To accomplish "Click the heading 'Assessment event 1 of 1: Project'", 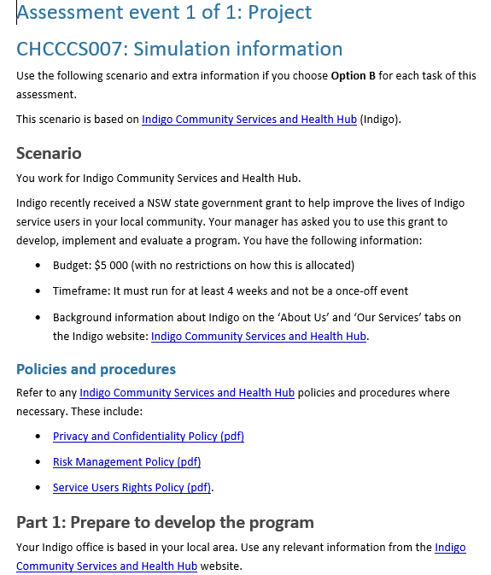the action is pyautogui.click(x=164, y=13).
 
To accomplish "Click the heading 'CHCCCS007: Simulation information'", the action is pyautogui.click(x=179, y=49).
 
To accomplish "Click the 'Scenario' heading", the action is pyautogui.click(x=49, y=154).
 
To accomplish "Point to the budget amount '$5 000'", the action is pyautogui.click(x=114, y=265).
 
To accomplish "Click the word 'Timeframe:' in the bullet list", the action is pyautogui.click(x=81, y=290).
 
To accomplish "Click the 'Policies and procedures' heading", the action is pyautogui.click(x=96, y=369).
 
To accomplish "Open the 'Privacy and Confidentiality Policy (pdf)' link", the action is pyautogui.click(x=149, y=436).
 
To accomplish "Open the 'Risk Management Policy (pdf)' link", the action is pyautogui.click(x=126, y=461).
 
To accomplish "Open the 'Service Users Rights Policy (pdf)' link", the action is pyautogui.click(x=132, y=488).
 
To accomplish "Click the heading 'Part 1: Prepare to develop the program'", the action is pyautogui.click(x=165, y=522).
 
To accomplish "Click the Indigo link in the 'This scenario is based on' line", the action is pyautogui.click(x=249, y=119).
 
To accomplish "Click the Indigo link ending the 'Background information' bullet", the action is pyautogui.click(x=259, y=336).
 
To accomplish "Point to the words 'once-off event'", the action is pyautogui.click(x=369, y=290).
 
